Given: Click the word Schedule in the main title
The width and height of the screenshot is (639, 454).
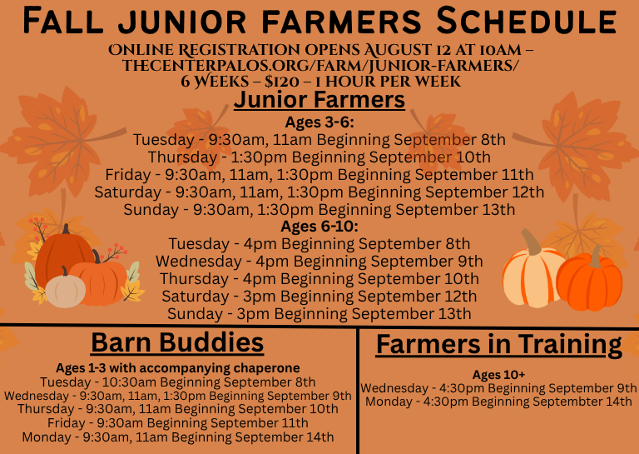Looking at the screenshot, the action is tap(527, 20).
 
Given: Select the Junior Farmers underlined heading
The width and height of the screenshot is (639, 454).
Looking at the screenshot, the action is tap(319, 100).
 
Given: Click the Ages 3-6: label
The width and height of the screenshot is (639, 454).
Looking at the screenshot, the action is tap(319, 122).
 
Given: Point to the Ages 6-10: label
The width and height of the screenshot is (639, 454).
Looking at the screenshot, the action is tap(319, 227).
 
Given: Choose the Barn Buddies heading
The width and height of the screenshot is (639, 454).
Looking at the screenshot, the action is tap(177, 342).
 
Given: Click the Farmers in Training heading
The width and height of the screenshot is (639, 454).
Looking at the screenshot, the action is tap(499, 345).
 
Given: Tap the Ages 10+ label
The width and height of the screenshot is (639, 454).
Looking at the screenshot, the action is tap(499, 375).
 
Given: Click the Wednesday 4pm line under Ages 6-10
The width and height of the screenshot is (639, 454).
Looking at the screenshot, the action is tap(319, 262).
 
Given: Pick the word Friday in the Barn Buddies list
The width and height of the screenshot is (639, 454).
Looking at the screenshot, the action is tap(66, 423).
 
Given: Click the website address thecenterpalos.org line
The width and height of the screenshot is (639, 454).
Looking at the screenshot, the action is tap(319, 66).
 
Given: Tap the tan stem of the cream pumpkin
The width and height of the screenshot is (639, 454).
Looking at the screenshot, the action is tap(532, 242).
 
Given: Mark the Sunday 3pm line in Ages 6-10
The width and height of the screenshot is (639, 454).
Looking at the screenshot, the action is tap(319, 314).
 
